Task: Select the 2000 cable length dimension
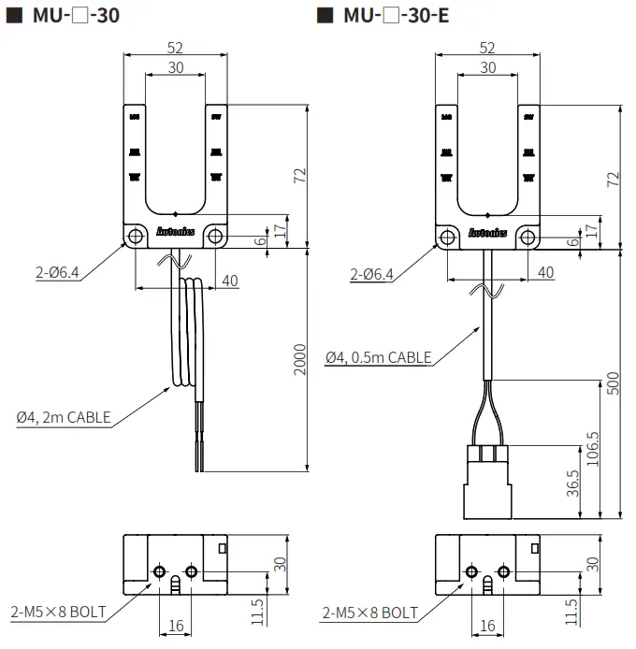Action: pyautogui.click(x=299, y=361)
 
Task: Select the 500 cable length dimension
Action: pyautogui.click(x=613, y=383)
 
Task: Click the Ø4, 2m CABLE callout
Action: pyautogui.click(x=62, y=418)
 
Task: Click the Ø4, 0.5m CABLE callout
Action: pyautogui.click(x=379, y=357)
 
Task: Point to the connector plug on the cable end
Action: pyautogui.click(x=486, y=482)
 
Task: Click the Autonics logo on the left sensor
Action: pyautogui.click(x=175, y=228)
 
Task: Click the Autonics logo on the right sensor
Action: pyautogui.click(x=487, y=232)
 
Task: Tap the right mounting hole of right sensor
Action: pyautogui.click(x=528, y=237)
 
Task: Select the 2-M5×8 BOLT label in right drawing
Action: pyautogui.click(x=369, y=613)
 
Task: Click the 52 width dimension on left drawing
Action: pyautogui.click(x=175, y=48)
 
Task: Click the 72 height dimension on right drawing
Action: pyautogui.click(x=613, y=178)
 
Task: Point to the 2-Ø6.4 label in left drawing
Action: pyautogui.click(x=55, y=274)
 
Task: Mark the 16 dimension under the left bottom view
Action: pyautogui.click(x=174, y=626)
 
